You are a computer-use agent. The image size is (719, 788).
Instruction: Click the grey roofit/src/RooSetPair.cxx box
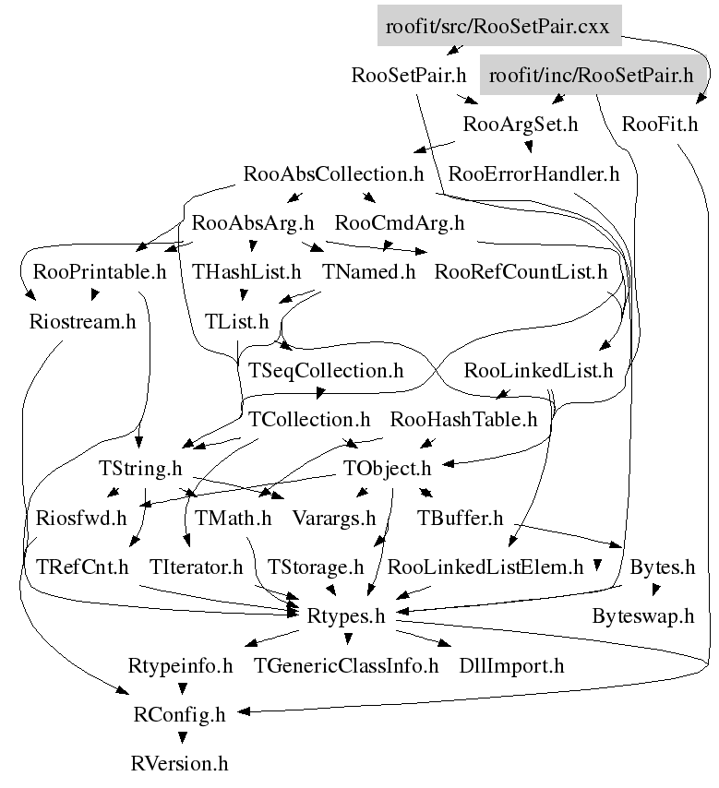(x=497, y=26)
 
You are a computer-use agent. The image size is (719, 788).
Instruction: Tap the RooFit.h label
(x=660, y=125)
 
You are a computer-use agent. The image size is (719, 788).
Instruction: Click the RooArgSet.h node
(x=521, y=125)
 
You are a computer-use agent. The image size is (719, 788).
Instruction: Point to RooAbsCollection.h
(x=333, y=173)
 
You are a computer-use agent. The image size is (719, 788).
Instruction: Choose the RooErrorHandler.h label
(x=533, y=173)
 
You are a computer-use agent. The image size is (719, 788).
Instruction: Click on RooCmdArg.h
(x=400, y=222)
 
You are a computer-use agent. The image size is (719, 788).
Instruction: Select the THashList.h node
(x=246, y=272)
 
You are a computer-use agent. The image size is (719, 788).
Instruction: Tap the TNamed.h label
(x=369, y=272)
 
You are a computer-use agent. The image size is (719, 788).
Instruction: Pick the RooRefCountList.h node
(x=521, y=272)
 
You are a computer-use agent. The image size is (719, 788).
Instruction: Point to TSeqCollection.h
(x=327, y=371)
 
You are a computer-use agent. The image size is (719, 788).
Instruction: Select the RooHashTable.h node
(x=463, y=420)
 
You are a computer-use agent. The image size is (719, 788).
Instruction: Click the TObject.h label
(x=387, y=469)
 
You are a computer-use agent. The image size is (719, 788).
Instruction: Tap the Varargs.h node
(x=334, y=518)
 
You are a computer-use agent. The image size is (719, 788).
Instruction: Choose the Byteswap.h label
(x=642, y=616)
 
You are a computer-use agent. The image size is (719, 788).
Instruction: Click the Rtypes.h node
(x=344, y=616)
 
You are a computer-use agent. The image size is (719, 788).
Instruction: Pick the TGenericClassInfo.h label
(x=346, y=665)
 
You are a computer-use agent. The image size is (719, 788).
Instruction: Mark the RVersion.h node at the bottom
(x=179, y=764)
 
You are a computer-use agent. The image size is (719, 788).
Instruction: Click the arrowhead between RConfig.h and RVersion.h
(x=182, y=738)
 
